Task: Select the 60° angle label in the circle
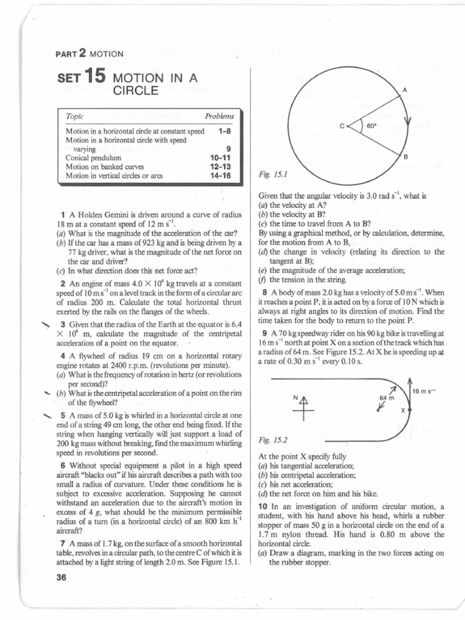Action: click(372, 127)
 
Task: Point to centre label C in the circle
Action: click(342, 127)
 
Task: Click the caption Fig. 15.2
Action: click(271, 441)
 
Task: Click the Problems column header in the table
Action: click(219, 116)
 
